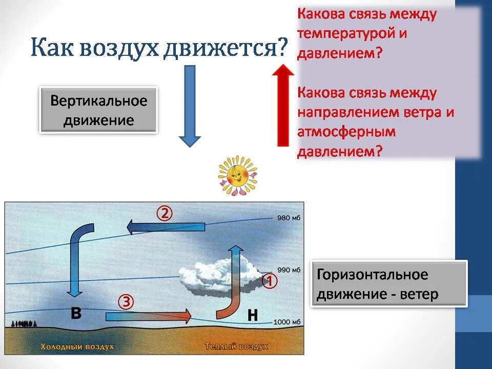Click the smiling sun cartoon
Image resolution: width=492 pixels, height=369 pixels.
coord(237,175)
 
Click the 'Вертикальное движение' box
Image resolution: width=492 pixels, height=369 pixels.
coord(98,110)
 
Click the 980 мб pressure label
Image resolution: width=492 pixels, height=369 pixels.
coord(288,218)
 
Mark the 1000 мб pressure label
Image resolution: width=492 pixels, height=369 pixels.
coord(288,322)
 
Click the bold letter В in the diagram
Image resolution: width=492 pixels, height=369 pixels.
coord(75,312)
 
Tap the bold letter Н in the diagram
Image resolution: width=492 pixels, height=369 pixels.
coord(252,315)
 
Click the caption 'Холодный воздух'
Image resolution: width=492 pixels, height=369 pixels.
coord(77,347)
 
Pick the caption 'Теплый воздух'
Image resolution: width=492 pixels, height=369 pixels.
coord(236,347)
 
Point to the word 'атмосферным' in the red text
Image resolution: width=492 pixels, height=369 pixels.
coord(347,132)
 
